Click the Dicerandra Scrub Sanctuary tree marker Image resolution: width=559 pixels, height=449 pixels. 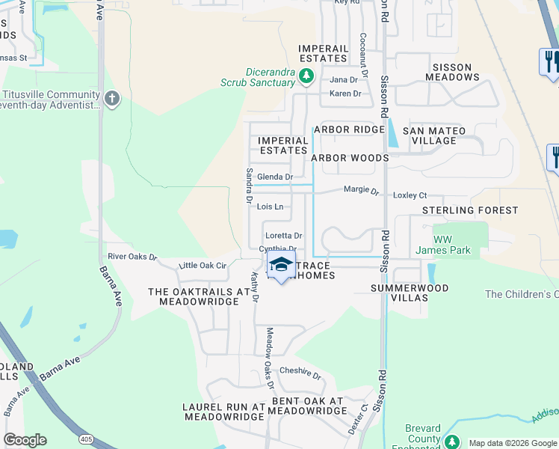point(306,76)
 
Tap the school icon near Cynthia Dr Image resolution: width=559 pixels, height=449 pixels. point(281,265)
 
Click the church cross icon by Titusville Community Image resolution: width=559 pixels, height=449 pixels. point(111,98)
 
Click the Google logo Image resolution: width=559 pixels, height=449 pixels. point(25,440)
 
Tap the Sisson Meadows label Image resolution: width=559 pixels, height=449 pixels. point(452,72)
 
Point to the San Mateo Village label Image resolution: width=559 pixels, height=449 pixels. point(434,135)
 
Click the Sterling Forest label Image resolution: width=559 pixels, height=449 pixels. point(470,211)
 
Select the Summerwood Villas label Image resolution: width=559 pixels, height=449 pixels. point(410,293)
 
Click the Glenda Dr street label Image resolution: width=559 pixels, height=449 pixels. point(275,177)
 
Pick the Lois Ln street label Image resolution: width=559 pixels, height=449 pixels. point(270,207)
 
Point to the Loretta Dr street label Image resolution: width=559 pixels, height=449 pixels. point(283,236)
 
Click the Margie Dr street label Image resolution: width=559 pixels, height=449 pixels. point(361,190)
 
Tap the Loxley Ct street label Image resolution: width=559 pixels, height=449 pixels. point(410,195)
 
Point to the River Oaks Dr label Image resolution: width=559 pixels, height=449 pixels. point(132,257)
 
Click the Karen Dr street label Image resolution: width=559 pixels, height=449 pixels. point(345,94)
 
